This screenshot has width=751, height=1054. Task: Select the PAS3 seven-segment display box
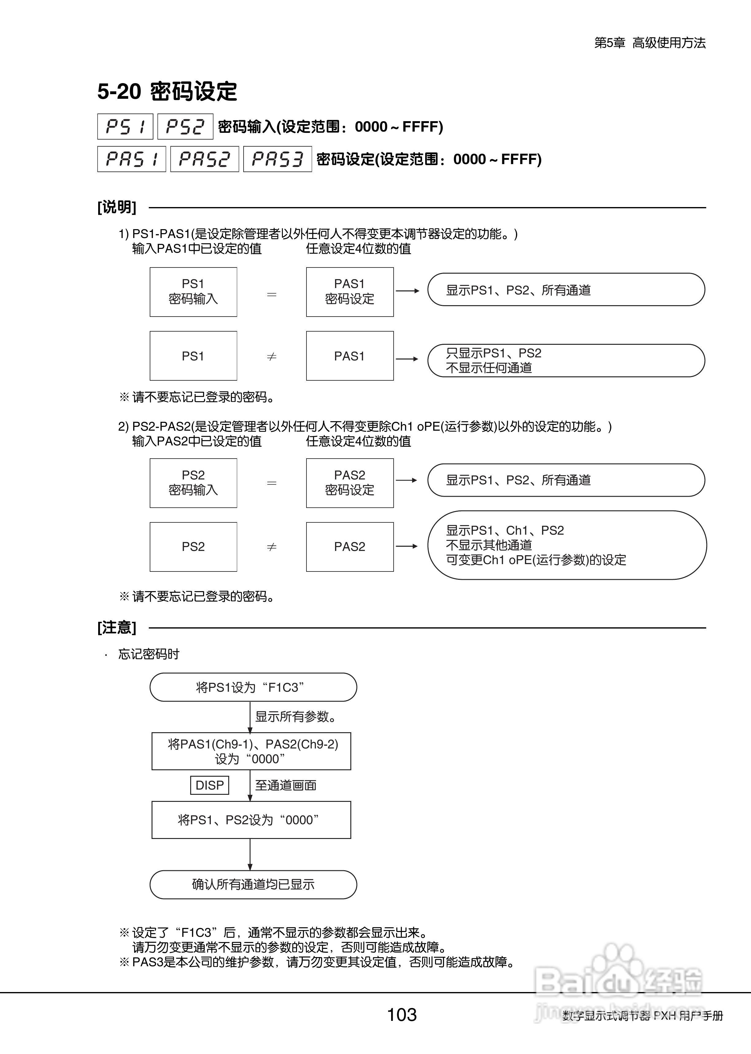[x=277, y=159]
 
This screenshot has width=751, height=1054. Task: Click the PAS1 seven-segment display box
[x=131, y=159]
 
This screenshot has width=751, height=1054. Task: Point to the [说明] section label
[x=117, y=207]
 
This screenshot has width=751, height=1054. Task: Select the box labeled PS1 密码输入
[x=193, y=292]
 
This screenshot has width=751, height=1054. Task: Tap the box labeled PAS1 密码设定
[x=350, y=292]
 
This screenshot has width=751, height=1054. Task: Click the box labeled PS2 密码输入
[x=193, y=483]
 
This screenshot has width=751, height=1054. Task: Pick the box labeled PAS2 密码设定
[x=350, y=483]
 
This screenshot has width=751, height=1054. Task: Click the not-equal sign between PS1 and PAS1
[x=272, y=356]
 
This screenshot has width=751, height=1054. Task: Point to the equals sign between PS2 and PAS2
[x=272, y=483]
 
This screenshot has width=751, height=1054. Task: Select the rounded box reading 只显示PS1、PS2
[x=566, y=360]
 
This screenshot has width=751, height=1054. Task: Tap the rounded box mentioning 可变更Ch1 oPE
[x=567, y=545]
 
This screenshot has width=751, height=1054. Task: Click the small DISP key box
[x=210, y=785]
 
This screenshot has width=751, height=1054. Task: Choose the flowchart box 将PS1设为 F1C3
[x=253, y=687]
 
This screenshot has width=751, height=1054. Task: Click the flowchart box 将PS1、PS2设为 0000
[x=251, y=820]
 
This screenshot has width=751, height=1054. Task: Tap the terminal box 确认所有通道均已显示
[x=253, y=884]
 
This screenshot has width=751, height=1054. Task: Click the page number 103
[x=402, y=1015]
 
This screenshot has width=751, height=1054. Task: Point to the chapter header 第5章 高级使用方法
[x=650, y=43]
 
